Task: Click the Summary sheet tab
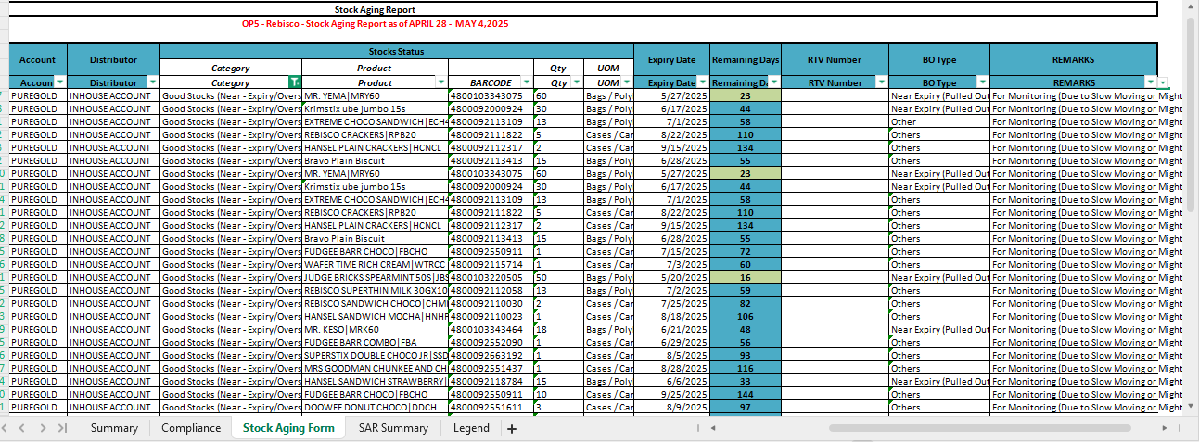114,428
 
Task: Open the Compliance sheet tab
191,428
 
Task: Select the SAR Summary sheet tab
393,428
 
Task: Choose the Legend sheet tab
471,428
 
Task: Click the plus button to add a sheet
511,428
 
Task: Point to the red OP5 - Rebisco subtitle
375,24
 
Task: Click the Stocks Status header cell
397,51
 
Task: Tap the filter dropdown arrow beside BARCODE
526,82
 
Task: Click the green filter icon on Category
294,82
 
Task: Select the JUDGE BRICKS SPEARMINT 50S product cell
375,277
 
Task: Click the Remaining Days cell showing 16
745,277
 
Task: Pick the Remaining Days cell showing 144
745,394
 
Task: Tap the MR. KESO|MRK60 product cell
375,329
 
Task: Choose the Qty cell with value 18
557,329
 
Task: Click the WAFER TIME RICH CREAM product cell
375,264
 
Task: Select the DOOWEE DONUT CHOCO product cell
375,407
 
